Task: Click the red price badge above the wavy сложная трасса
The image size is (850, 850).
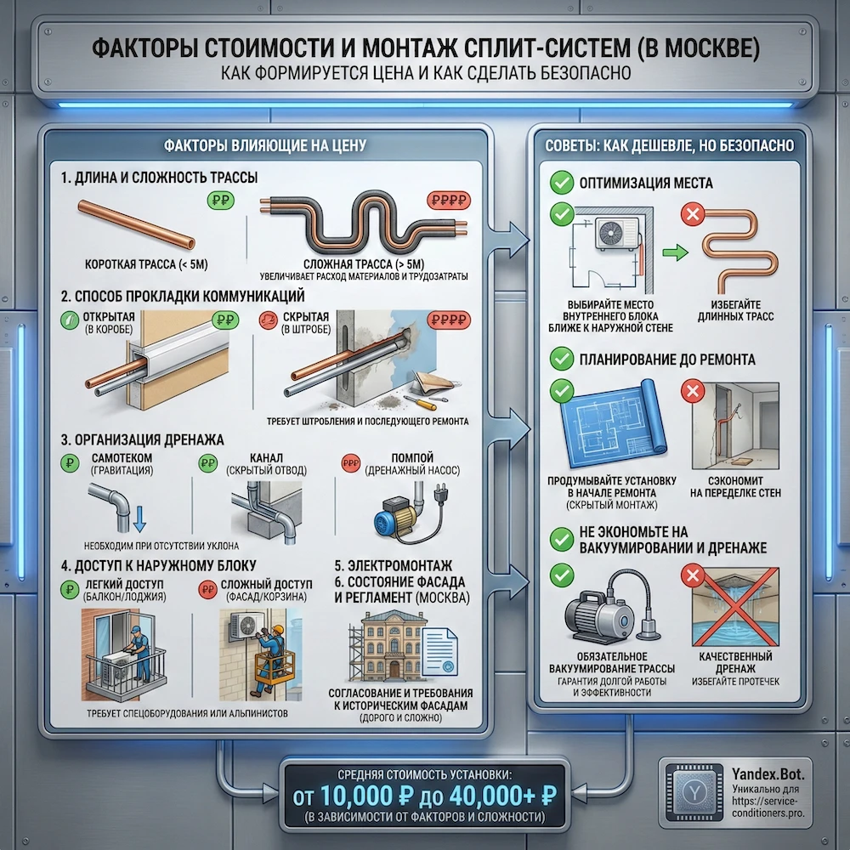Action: [447, 202]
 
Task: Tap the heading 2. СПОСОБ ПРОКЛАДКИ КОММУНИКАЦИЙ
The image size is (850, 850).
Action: [182, 297]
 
